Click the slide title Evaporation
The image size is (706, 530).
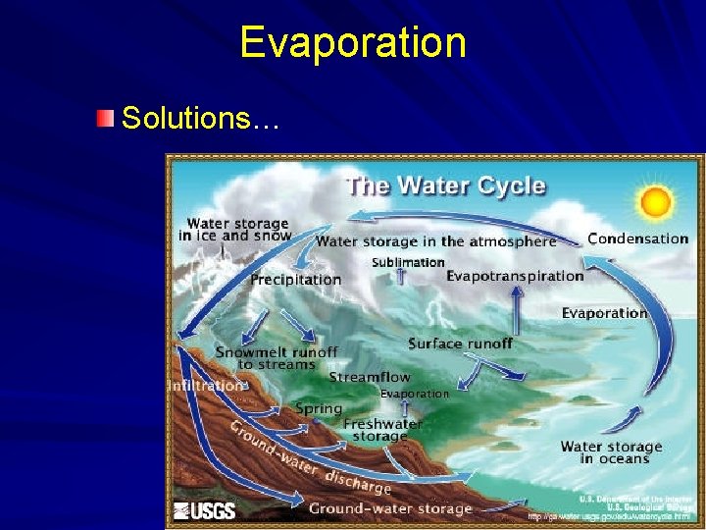(x=353, y=43)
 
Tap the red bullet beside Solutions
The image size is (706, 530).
(x=105, y=119)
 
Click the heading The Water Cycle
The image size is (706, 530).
(x=445, y=185)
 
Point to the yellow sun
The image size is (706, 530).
(x=654, y=202)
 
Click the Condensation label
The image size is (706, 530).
(x=637, y=238)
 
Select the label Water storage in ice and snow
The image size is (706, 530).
(x=235, y=230)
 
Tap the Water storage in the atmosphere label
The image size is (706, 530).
(x=435, y=241)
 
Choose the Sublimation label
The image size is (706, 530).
(x=408, y=262)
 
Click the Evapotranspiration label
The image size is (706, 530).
(x=515, y=276)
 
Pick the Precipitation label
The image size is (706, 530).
(x=296, y=280)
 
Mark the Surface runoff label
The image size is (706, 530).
(x=460, y=344)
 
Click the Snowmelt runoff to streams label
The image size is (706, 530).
(x=276, y=358)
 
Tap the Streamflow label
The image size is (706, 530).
(x=370, y=377)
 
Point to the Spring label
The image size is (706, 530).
(x=319, y=408)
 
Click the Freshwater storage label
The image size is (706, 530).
(x=382, y=430)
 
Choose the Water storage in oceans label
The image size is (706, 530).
(x=611, y=452)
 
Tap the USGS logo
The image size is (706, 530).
(x=205, y=510)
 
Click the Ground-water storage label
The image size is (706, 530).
(x=390, y=508)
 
